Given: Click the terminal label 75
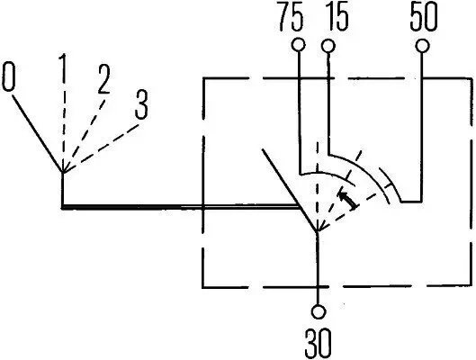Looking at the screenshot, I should click(x=292, y=20).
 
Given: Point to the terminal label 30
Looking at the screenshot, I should click(x=319, y=343).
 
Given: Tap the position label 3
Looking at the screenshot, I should click(x=140, y=105).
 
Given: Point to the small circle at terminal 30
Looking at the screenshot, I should click(x=318, y=312).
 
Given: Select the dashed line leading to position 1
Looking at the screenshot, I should click(x=63, y=126).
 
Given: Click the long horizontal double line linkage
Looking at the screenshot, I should click(x=180, y=207).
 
